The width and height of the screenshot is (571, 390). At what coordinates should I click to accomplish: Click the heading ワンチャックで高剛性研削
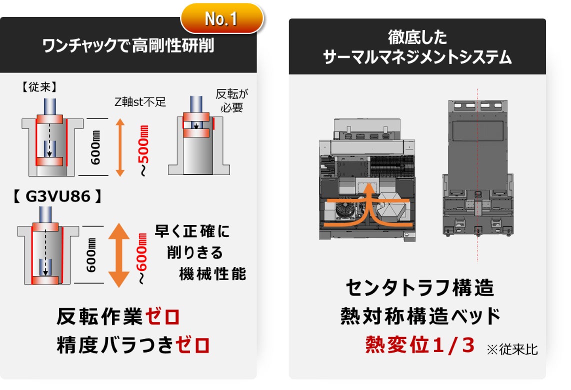pos(128,46)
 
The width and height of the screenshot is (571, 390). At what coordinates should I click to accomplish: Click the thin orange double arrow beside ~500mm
pos(120,147)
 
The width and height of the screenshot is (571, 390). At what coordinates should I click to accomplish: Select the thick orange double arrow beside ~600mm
pos(119,255)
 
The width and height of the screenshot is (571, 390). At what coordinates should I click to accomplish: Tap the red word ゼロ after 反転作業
pos(163,316)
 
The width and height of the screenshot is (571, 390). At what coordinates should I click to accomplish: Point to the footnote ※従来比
pos(512,349)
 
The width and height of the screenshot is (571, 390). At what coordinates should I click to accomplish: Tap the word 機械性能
pos(212,274)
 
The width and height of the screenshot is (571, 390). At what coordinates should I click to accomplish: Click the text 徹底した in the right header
pos(417,37)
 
